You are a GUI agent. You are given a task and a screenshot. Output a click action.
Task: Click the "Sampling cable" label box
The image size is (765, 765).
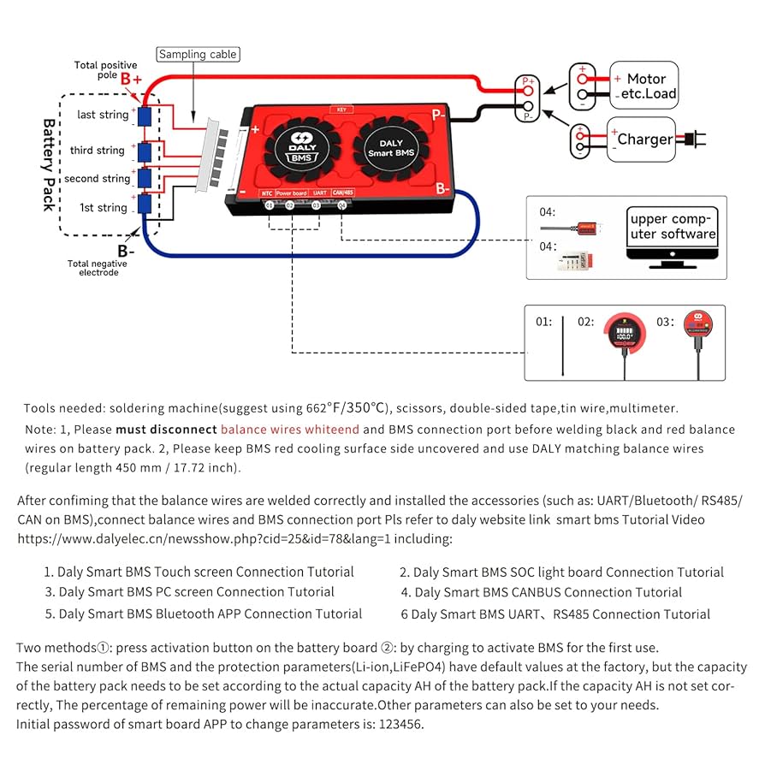(198, 55)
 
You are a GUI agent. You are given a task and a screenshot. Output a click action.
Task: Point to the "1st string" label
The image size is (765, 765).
(103, 208)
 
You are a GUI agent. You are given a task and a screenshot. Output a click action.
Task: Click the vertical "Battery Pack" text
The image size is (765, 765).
(49, 164)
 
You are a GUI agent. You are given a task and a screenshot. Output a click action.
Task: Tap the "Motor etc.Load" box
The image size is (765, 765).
(643, 86)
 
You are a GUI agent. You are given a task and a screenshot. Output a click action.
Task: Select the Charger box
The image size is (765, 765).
(643, 139)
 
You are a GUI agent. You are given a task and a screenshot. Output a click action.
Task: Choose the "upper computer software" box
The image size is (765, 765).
(673, 227)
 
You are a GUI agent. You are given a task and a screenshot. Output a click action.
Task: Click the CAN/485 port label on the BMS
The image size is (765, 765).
(343, 193)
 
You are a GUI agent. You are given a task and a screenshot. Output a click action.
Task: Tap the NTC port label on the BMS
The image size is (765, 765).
(267, 193)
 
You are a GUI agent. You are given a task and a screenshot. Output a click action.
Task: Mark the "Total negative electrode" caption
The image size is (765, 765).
(97, 269)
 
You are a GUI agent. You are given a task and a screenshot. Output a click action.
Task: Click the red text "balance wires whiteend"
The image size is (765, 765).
(289, 430)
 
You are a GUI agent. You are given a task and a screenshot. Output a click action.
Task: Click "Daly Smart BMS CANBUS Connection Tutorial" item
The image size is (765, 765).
(548, 592)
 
